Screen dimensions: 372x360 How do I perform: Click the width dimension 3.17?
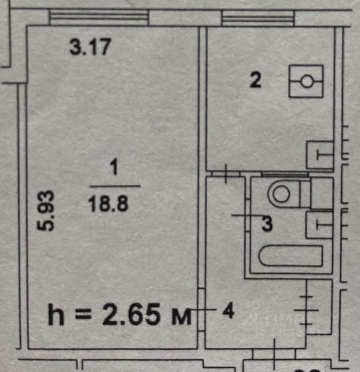90,48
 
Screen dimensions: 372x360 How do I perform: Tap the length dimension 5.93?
47,210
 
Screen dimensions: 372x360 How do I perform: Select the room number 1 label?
114,169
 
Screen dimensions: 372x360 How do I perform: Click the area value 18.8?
108,203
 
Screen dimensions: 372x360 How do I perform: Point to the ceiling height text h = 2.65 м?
120,315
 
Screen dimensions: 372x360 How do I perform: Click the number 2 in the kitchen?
255,81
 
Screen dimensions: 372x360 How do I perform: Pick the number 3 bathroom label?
267,224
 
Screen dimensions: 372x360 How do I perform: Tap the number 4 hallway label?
228,311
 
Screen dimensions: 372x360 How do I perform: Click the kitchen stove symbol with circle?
306,81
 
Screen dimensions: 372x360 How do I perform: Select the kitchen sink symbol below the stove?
320,155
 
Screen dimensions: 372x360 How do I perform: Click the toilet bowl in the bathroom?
285,193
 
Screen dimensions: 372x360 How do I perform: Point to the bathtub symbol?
291,256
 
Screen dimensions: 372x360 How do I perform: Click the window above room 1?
99,17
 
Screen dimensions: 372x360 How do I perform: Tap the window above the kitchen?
258,18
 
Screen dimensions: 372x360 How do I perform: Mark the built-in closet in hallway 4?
319,307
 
